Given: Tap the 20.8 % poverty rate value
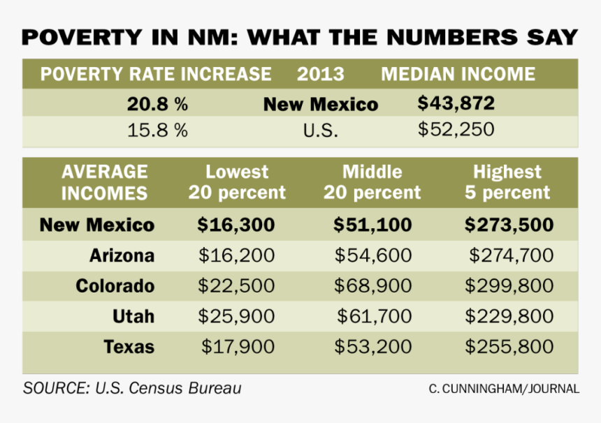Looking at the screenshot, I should point(157,105).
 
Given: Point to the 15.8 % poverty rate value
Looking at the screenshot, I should point(157,131).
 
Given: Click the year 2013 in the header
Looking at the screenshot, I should point(321,74).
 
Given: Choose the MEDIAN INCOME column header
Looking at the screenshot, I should point(458,74).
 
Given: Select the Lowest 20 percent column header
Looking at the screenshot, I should point(237,181).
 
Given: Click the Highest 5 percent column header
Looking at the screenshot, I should point(507,181).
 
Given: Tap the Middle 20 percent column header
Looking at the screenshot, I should point(372,181).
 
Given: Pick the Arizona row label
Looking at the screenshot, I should point(122,255).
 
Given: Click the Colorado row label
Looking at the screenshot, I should point(115,285).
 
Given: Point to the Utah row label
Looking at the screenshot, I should point(133,316).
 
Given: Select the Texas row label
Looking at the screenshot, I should point(129,346).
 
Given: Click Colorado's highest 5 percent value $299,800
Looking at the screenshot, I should point(509,285).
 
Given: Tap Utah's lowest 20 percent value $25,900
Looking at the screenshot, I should point(236,316).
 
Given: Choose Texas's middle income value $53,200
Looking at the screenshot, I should point(372,346).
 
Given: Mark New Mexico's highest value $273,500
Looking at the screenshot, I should point(509,225).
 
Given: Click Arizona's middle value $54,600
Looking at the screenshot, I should point(372,255).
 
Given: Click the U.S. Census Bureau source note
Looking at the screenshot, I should point(132,388).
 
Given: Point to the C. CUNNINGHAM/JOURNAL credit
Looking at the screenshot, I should point(504,389).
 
